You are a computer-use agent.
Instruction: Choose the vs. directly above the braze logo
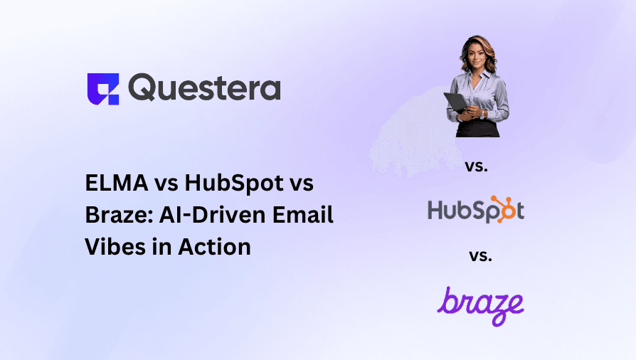479,255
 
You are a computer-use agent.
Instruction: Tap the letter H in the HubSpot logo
436,211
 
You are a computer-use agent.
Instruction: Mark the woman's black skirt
479,128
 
